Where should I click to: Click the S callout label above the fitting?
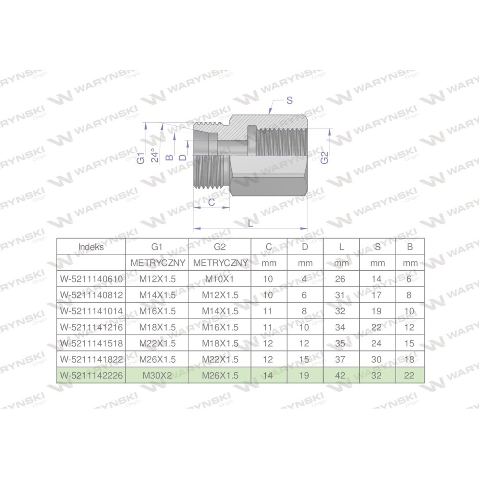[290, 100]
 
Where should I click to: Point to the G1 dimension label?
[140, 158]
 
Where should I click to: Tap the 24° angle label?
[155, 155]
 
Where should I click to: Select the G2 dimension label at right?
[324, 158]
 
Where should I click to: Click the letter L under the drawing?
[251, 224]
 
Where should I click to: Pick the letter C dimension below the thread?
[211, 202]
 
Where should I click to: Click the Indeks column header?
[91, 247]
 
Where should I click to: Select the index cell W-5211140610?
[91, 279]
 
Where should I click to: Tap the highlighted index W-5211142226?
[91, 376]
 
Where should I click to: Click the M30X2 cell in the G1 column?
[157, 376]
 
